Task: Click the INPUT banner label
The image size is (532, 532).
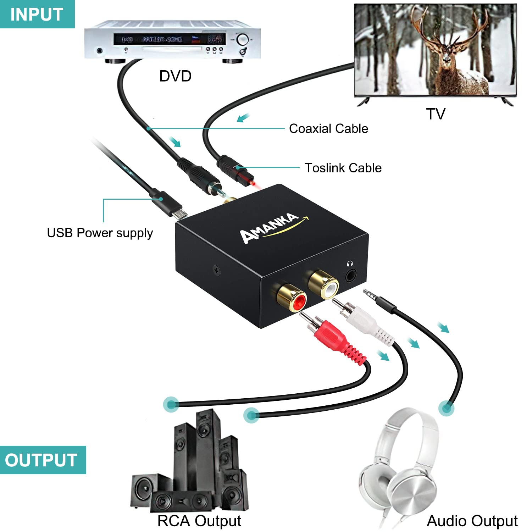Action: [x=37, y=14]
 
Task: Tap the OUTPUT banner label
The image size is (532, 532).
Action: [x=41, y=460]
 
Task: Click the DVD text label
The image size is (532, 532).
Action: [x=175, y=76]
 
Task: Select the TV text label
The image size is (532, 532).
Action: [x=436, y=114]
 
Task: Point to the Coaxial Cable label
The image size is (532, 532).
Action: [x=328, y=128]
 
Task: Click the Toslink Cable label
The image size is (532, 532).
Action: [x=343, y=168]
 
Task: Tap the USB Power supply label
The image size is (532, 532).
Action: [x=100, y=233]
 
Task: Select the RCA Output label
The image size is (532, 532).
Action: [x=199, y=521]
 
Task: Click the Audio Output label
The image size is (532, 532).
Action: [x=472, y=521]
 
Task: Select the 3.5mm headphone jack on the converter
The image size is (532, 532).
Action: [x=350, y=274]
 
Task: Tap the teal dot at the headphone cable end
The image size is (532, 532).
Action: [x=446, y=408]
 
